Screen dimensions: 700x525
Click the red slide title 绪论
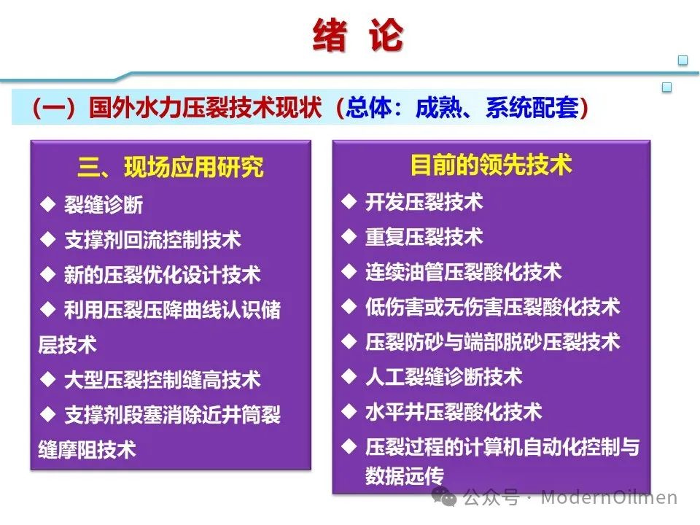click(x=357, y=35)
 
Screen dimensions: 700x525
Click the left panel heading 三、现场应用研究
click(x=171, y=168)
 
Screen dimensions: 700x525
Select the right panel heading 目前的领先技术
click(x=491, y=164)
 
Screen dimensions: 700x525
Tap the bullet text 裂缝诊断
click(x=103, y=205)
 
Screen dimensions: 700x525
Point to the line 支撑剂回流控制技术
click(x=152, y=240)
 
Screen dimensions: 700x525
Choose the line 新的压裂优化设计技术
click(x=162, y=275)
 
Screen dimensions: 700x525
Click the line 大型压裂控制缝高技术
click(x=162, y=380)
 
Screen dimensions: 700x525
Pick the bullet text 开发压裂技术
click(x=424, y=202)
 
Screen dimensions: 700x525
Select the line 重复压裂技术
click(x=424, y=236)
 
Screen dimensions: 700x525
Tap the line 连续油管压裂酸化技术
click(x=463, y=272)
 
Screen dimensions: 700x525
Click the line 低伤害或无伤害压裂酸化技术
click(x=492, y=307)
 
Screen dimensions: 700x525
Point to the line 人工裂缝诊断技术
click(x=443, y=377)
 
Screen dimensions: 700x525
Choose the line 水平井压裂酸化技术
click(x=453, y=411)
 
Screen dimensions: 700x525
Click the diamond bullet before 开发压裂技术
click(x=349, y=202)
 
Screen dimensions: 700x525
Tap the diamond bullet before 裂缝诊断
click(x=48, y=205)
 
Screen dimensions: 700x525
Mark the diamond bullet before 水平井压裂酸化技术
click(x=349, y=411)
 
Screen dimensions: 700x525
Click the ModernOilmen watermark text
click(x=609, y=497)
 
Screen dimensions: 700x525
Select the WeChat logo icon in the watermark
click(x=444, y=497)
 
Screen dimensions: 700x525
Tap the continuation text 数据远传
click(x=404, y=476)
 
